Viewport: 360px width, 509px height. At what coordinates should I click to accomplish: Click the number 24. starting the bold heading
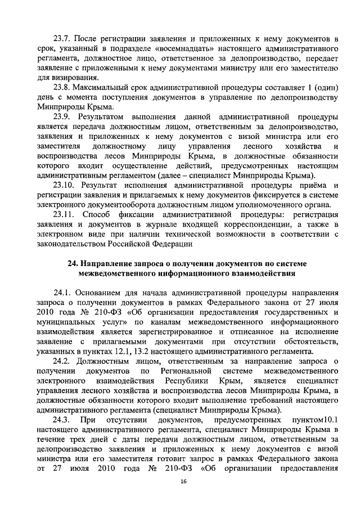point(73,264)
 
